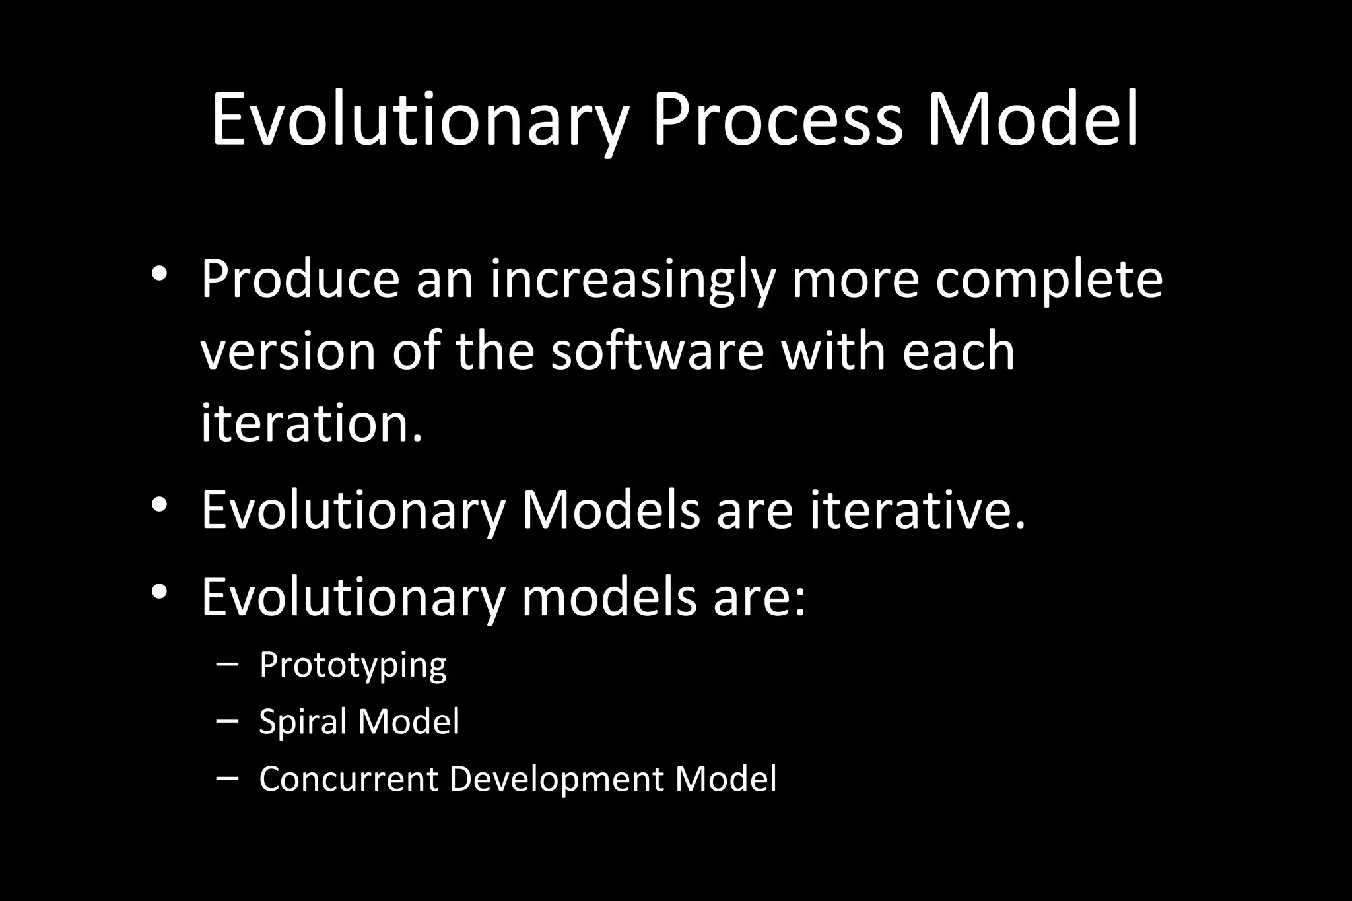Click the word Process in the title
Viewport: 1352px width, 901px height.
point(777,121)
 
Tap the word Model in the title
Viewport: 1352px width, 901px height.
point(1033,121)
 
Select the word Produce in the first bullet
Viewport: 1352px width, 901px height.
point(300,279)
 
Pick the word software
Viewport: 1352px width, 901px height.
point(658,350)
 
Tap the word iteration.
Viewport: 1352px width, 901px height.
point(311,423)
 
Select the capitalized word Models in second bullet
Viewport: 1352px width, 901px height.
point(611,510)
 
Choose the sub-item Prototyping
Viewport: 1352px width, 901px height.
point(353,665)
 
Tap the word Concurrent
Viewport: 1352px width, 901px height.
point(349,779)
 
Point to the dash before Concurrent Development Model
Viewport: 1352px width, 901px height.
point(227,778)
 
